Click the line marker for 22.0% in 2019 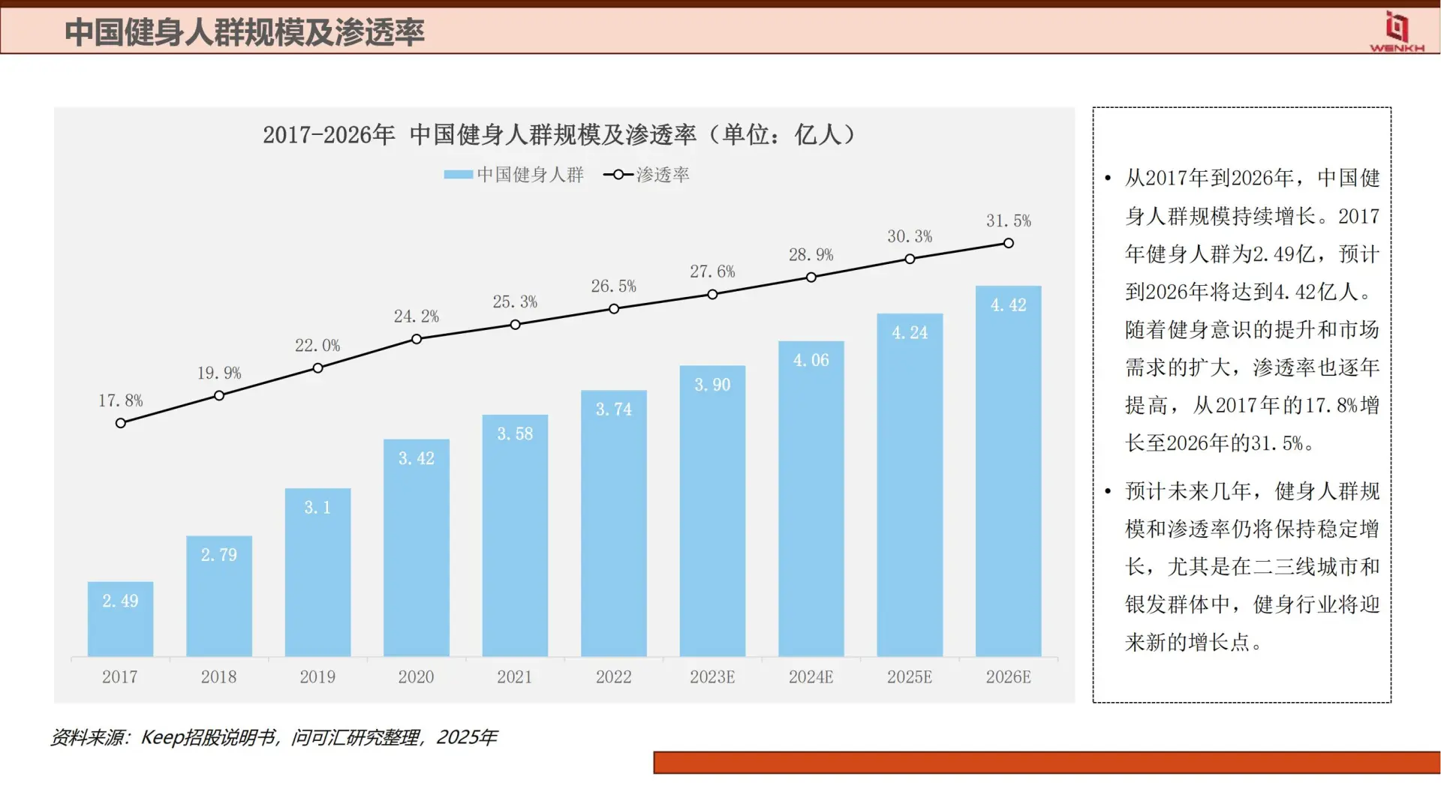[x=317, y=368]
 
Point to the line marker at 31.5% [x=1009, y=243]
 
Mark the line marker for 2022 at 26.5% [x=614, y=309]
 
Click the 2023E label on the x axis [x=712, y=677]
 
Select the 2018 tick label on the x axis [x=218, y=677]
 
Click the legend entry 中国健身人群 [x=514, y=175]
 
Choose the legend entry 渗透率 [x=647, y=175]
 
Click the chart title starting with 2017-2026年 [x=559, y=135]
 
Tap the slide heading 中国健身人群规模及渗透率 [x=245, y=32]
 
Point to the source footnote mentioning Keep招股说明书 [x=274, y=738]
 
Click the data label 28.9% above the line [x=811, y=255]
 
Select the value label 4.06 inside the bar [x=811, y=361]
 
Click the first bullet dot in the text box [x=1108, y=178]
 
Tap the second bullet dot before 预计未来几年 [x=1108, y=492]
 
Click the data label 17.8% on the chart [x=120, y=401]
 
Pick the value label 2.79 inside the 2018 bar [x=218, y=555]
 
